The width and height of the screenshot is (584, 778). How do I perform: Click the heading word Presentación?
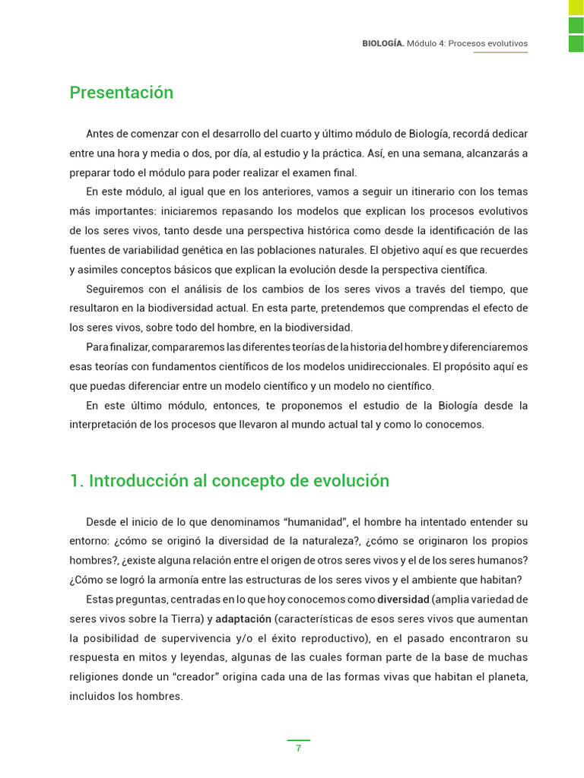[x=122, y=93]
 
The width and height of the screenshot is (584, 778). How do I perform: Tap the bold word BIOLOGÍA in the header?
[x=382, y=44]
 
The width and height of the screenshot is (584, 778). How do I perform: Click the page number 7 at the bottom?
[x=298, y=748]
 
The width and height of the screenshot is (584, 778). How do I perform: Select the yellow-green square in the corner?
[x=576, y=7]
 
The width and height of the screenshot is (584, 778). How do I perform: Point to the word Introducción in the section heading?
[x=138, y=481]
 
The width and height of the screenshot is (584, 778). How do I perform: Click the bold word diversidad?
[x=403, y=599]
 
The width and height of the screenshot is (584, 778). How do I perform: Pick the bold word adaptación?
[x=243, y=618]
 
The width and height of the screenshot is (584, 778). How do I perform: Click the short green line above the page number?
[x=298, y=739]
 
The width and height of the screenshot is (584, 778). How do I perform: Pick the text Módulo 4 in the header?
[x=425, y=44]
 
